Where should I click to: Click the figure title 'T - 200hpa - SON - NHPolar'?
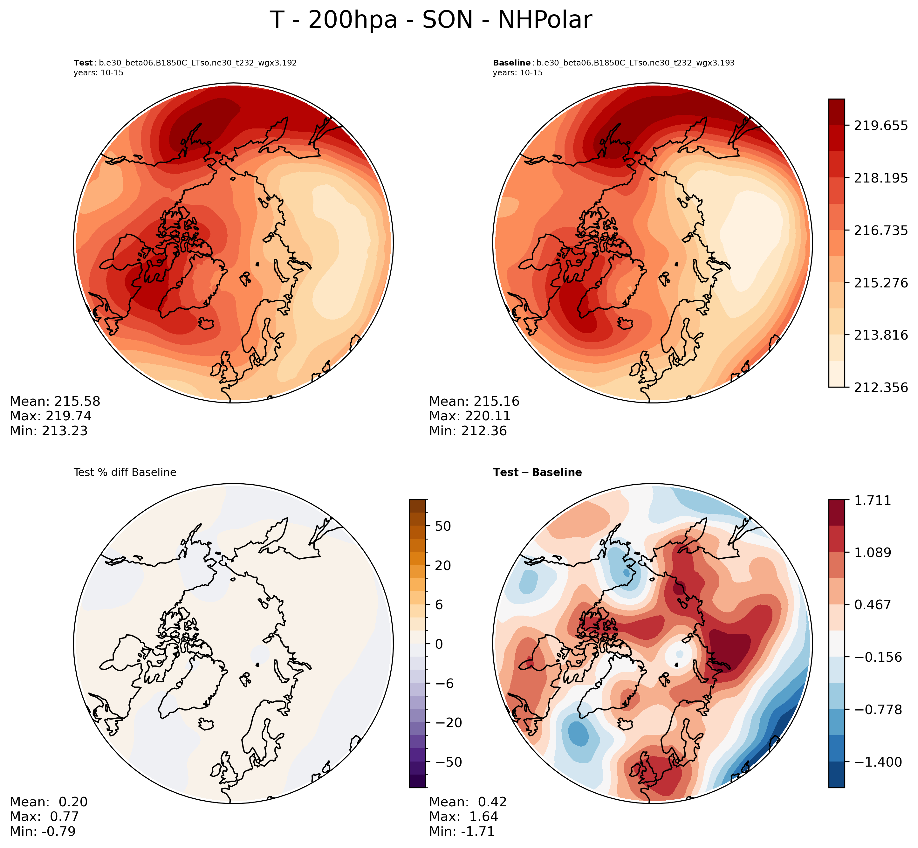click(x=431, y=20)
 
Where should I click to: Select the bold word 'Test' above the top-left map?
click(x=83, y=63)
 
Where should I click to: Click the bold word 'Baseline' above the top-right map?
click(x=511, y=63)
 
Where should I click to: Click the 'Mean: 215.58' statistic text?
click(x=55, y=402)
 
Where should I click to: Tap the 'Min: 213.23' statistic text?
click(x=49, y=431)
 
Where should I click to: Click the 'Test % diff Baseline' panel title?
click(x=125, y=472)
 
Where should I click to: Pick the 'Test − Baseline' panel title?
click(x=537, y=472)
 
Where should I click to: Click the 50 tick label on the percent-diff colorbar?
click(x=443, y=526)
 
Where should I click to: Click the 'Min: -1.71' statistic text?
click(x=462, y=831)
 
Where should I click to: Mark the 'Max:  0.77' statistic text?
click(x=45, y=817)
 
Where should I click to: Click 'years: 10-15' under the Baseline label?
click(x=517, y=73)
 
